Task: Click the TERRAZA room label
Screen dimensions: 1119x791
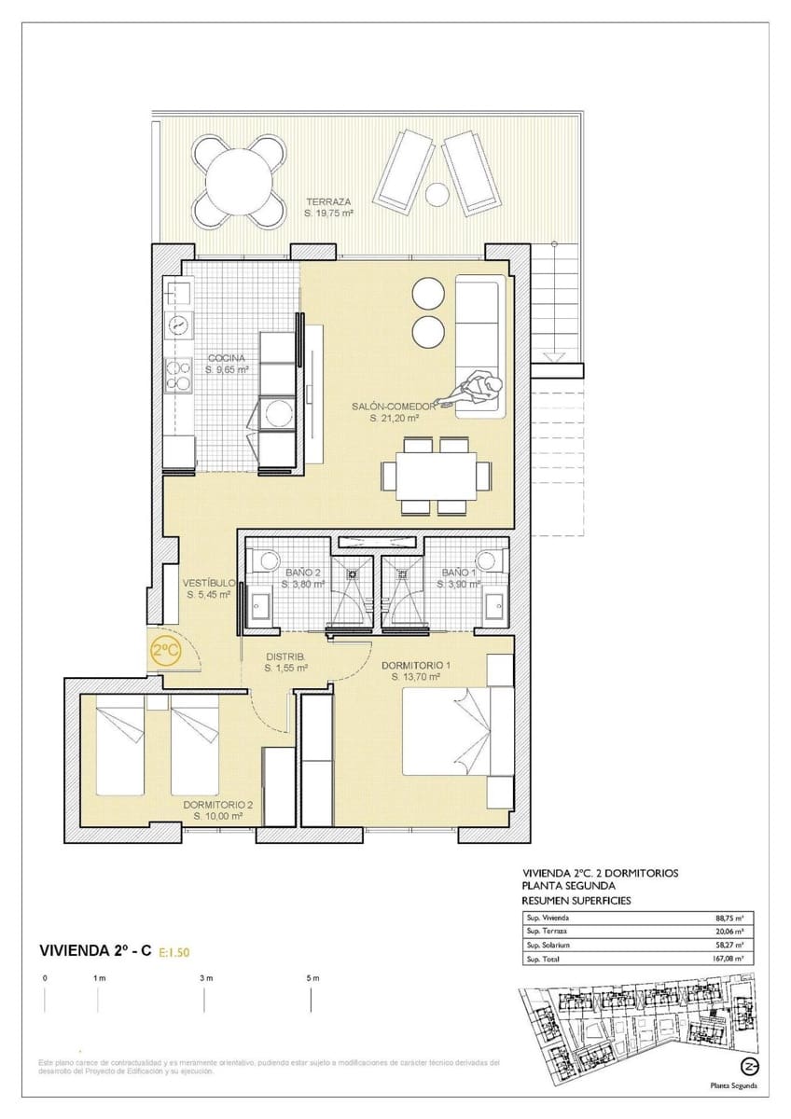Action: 327,201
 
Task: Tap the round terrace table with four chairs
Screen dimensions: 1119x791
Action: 241,180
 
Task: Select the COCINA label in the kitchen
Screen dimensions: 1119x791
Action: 227,358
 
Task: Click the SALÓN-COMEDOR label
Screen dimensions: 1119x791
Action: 394,407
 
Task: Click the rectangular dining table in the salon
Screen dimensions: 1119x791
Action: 435,476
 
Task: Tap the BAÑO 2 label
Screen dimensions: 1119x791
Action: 303,572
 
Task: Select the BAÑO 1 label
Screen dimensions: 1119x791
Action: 460,572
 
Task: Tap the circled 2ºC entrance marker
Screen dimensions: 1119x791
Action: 166,652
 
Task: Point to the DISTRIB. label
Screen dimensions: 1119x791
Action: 285,656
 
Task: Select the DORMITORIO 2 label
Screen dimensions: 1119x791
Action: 218,804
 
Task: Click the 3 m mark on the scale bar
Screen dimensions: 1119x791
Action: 205,978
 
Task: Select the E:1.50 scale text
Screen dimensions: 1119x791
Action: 174,952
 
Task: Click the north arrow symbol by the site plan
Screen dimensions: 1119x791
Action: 747,1066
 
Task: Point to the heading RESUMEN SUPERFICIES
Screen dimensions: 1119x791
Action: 576,901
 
